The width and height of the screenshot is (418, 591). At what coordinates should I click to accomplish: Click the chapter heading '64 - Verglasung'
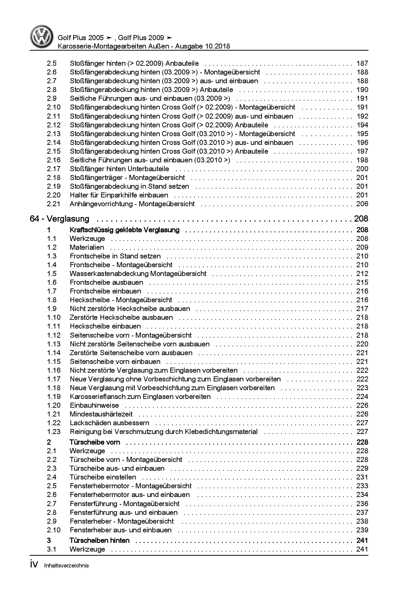[x=60, y=219]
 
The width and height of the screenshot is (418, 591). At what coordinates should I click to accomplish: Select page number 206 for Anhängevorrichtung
[x=362, y=204]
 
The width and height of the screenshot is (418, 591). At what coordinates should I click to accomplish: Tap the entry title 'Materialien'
[x=87, y=247]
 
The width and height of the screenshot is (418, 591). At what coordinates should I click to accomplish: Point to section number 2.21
[x=54, y=204]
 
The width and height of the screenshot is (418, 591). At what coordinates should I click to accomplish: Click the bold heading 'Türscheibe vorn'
[x=95, y=442]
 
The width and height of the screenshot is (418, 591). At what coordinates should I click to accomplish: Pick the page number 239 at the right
[x=362, y=530]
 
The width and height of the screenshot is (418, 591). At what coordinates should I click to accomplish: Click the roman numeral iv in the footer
[x=34, y=565]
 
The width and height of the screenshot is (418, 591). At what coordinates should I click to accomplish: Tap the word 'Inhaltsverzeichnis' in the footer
[x=66, y=566]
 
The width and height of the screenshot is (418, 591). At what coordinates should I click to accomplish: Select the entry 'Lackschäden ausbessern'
[x=110, y=423]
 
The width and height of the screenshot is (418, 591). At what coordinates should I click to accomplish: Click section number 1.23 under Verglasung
[x=54, y=432]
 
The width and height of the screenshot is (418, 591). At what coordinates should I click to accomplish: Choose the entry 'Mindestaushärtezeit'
[x=101, y=414]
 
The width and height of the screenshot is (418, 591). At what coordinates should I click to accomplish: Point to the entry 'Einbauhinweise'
[x=94, y=405]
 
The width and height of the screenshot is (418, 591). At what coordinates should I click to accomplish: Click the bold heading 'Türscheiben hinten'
[x=99, y=540]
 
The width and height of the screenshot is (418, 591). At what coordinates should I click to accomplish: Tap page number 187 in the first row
[x=362, y=63]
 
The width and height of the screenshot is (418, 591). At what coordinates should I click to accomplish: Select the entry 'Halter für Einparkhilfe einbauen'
[x=119, y=195]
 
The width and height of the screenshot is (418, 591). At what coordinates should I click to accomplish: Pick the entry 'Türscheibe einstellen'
[x=103, y=477]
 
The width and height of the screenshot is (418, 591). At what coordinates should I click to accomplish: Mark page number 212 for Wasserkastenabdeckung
[x=362, y=274]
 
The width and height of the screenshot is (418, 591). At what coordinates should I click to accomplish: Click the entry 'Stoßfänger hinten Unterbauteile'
[x=120, y=169]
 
